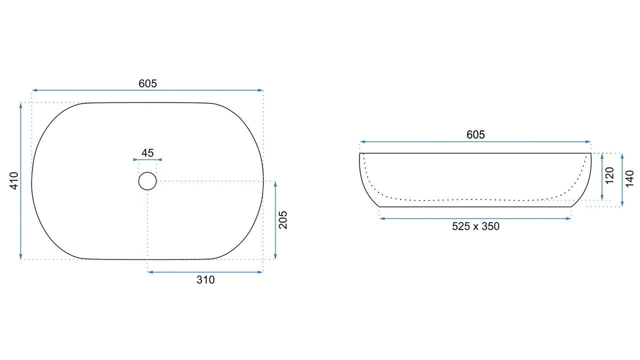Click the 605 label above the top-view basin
click(x=147, y=83)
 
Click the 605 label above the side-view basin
click(x=475, y=134)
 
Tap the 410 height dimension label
click(x=14, y=180)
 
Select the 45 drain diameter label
click(x=147, y=153)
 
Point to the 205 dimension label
click(x=283, y=220)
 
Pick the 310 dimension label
click(x=205, y=279)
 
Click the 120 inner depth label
click(x=609, y=175)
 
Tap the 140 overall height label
click(x=629, y=179)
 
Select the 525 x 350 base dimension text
click(x=475, y=226)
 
